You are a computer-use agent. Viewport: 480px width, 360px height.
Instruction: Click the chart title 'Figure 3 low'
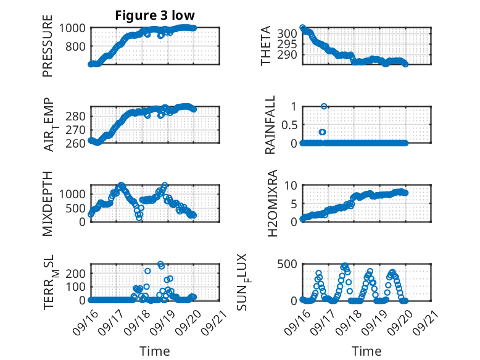(x=155, y=15)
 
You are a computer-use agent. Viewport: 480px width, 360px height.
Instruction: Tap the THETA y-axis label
(x=266, y=46)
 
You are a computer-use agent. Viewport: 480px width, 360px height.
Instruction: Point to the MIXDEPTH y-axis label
(x=48, y=204)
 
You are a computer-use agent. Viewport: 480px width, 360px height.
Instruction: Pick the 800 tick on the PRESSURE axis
(x=78, y=46)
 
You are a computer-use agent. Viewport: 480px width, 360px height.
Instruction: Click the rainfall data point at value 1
(x=323, y=106)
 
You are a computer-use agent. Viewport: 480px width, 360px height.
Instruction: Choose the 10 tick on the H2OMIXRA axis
(x=292, y=186)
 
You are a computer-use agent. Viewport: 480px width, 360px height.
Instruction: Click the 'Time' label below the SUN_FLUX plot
(x=366, y=351)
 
